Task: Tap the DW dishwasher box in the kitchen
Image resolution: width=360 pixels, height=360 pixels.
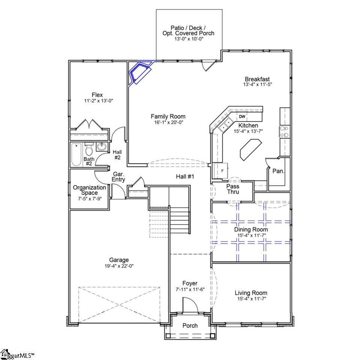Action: point(242,117)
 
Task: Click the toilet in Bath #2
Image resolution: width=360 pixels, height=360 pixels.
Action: point(89,150)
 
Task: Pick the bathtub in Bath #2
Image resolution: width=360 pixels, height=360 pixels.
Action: point(76,154)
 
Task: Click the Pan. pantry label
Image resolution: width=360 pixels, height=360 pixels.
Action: point(278,171)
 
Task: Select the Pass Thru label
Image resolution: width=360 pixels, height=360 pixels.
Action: point(233,189)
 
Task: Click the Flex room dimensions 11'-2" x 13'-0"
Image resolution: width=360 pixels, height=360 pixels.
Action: point(93,101)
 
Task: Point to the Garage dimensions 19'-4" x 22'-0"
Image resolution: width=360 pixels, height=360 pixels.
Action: point(118,266)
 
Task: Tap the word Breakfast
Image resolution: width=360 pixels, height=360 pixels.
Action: point(257,79)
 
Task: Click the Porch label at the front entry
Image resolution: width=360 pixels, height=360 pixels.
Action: point(190,325)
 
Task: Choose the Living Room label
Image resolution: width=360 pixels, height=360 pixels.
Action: point(251,293)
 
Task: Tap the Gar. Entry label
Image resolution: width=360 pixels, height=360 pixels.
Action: point(119,177)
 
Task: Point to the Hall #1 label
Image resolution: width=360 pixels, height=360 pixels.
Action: point(185,176)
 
